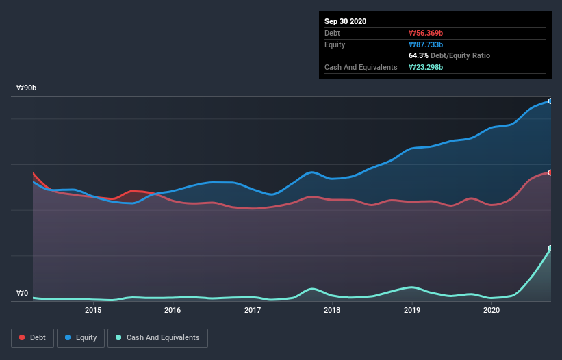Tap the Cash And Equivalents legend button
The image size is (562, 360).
point(157,337)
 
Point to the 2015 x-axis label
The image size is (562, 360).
point(93,310)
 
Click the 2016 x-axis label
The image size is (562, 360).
point(173,310)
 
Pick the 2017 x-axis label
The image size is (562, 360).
point(253,310)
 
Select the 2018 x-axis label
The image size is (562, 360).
point(332,310)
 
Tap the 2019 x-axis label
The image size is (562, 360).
point(412,310)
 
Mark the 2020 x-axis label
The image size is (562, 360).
point(491,310)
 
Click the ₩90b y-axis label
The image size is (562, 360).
point(27,88)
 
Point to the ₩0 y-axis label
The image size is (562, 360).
point(22,294)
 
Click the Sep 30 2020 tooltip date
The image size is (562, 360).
point(346,21)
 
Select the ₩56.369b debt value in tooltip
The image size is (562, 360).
point(428,33)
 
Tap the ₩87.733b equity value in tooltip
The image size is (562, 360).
point(428,44)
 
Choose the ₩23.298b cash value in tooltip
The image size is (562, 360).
point(428,67)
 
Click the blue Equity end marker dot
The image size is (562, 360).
point(550,101)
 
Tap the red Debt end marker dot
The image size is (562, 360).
point(550,172)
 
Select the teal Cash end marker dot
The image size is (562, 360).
point(550,248)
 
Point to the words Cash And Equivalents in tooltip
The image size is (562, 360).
point(361,67)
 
